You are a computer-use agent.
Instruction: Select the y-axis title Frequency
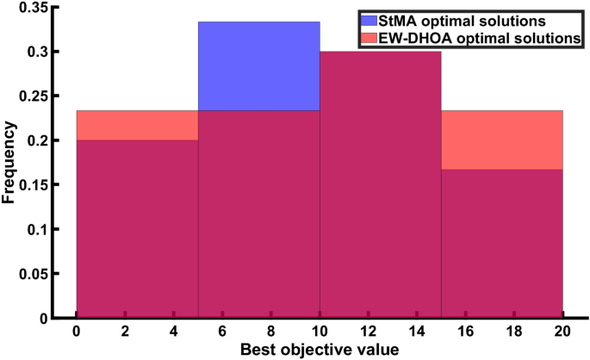pyautogui.click(x=9, y=161)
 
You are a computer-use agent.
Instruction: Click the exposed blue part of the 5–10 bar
pyautogui.click(x=259, y=65)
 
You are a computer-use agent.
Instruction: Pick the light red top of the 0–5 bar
pyautogui.click(x=138, y=125)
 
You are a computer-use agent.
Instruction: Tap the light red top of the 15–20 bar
pyautogui.click(x=501, y=140)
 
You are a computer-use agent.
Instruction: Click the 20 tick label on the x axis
pyautogui.click(x=562, y=332)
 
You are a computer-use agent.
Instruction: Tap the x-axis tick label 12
pyautogui.click(x=368, y=332)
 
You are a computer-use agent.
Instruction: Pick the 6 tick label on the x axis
pyautogui.click(x=222, y=332)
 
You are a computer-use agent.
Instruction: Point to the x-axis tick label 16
pyautogui.click(x=465, y=332)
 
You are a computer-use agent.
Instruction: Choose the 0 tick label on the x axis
pyautogui.click(x=77, y=332)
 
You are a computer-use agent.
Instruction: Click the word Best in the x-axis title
pyautogui.click(x=257, y=350)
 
